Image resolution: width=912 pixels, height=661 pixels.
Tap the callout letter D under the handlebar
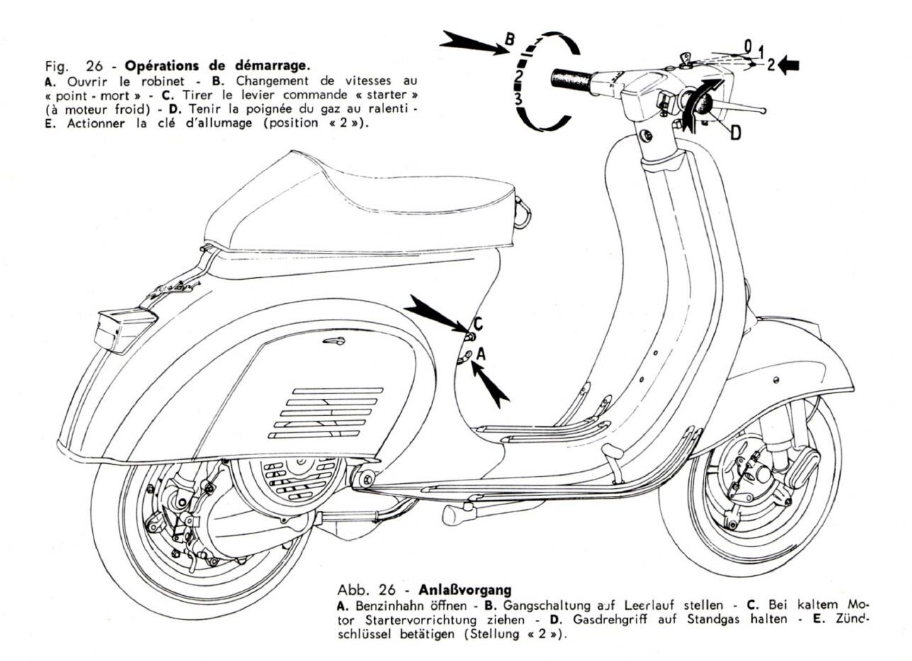click(x=736, y=132)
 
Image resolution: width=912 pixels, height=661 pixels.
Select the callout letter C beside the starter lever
click(x=478, y=324)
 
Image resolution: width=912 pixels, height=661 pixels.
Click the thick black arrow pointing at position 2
click(x=788, y=66)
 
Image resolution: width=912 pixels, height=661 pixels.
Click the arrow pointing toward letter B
click(x=470, y=44)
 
